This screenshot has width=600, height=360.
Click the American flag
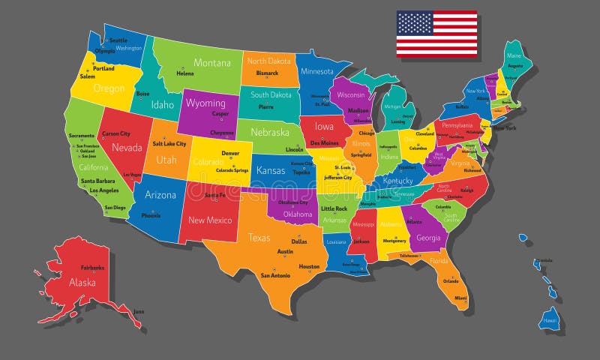[436, 33]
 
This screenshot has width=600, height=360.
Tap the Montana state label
[212, 63]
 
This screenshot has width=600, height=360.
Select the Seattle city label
[118, 40]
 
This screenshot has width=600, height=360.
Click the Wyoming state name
[205, 103]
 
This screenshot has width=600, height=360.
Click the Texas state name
[259, 237]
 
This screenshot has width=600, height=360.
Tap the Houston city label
[309, 266]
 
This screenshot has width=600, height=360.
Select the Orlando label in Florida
[451, 281]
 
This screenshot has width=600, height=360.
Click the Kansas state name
[270, 170]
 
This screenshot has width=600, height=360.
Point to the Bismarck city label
[267, 73]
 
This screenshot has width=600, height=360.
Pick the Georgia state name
[428, 238]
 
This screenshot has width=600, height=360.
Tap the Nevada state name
[127, 148]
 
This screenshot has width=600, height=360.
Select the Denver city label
[230, 154]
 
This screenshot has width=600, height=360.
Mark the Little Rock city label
[334, 208]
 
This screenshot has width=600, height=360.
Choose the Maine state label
[514, 55]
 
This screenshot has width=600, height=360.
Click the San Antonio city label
[275, 274]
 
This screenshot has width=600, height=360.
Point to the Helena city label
[184, 73]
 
